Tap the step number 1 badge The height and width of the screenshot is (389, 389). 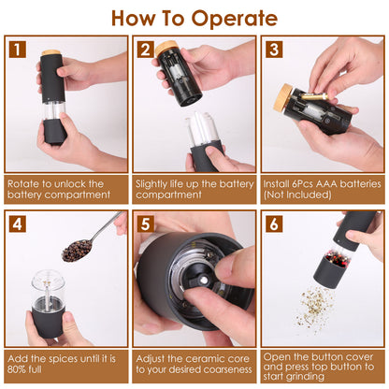tap(20, 50)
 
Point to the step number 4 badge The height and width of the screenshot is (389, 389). tap(20, 224)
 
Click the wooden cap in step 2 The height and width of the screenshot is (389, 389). tap(167, 48)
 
